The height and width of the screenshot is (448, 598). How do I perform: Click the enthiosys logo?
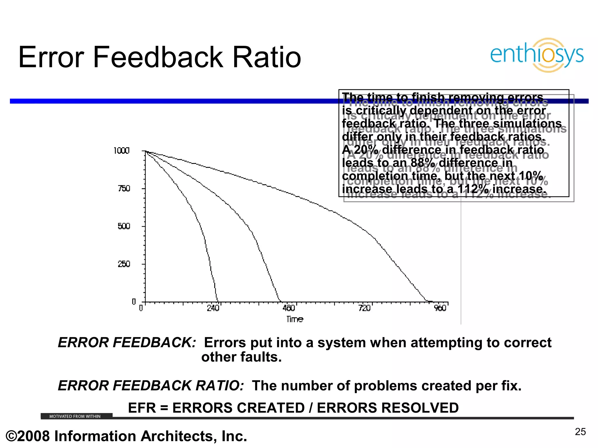[x=537, y=55]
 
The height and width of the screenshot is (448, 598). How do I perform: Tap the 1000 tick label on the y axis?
[x=121, y=151]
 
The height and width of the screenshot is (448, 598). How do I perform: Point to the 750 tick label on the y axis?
[x=124, y=189]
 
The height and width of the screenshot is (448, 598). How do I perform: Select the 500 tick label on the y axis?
[x=124, y=226]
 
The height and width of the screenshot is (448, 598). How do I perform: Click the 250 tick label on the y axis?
[x=124, y=264]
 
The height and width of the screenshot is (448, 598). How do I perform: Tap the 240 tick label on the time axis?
[x=213, y=308]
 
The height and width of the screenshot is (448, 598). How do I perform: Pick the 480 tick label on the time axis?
[x=288, y=308]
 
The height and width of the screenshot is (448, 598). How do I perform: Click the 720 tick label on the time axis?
[x=364, y=308]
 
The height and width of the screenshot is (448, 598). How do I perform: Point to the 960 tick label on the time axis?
[x=440, y=308]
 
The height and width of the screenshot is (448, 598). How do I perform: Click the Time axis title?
[x=295, y=319]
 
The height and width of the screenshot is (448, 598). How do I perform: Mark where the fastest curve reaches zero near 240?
[x=217, y=302]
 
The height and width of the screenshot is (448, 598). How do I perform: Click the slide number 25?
[x=580, y=432]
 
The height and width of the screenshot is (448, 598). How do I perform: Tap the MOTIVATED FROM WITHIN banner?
[x=75, y=416]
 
